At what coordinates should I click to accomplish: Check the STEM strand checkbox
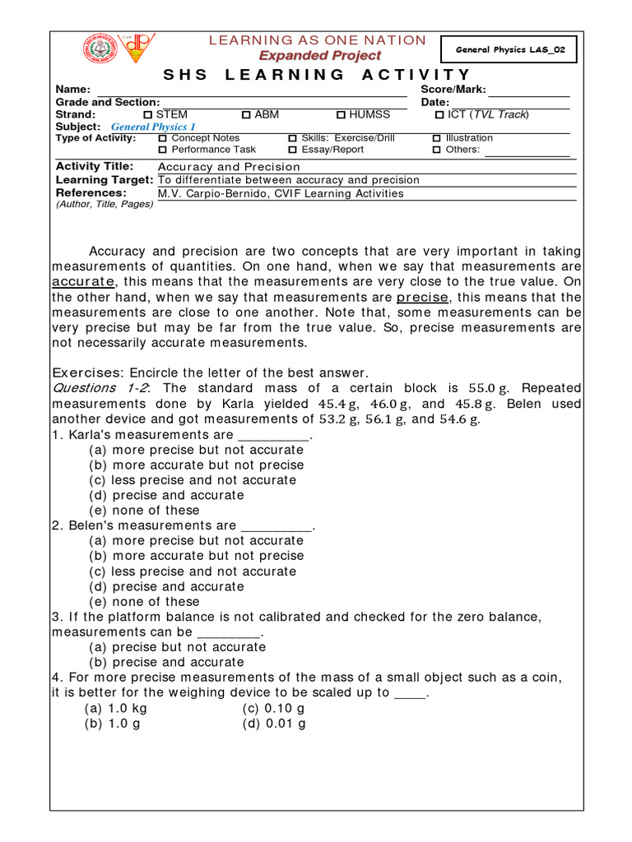pyautogui.click(x=148, y=115)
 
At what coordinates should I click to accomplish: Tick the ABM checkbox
pyautogui.click(x=246, y=115)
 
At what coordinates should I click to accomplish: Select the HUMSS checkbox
pyautogui.click(x=341, y=115)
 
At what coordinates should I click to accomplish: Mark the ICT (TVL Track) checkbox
pyautogui.click(x=439, y=115)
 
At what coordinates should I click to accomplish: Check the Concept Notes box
pyautogui.click(x=162, y=139)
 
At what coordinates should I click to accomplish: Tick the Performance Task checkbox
pyautogui.click(x=162, y=150)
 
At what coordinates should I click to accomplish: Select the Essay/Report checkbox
pyautogui.click(x=292, y=150)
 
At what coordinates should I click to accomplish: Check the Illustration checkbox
pyautogui.click(x=437, y=139)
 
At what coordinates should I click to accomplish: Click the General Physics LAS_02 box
pyautogui.click(x=509, y=50)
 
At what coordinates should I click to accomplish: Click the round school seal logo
pyautogui.click(x=100, y=50)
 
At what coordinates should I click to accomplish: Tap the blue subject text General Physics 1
pyautogui.click(x=153, y=127)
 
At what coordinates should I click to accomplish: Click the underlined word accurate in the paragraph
pyautogui.click(x=82, y=282)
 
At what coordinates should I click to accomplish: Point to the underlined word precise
pyautogui.click(x=422, y=298)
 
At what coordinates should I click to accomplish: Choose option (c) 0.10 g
pyautogui.click(x=274, y=708)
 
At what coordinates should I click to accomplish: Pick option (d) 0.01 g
pyautogui.click(x=274, y=724)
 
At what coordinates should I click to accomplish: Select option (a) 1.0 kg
pyautogui.click(x=116, y=708)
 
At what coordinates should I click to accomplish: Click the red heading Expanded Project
pyautogui.click(x=320, y=56)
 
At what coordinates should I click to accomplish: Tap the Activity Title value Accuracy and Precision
pyautogui.click(x=229, y=167)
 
